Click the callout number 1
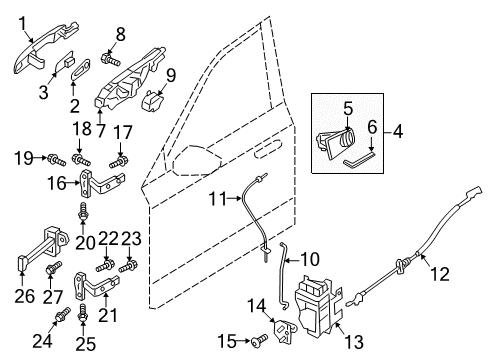(x=22, y=19)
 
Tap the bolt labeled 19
(x=59, y=159)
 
